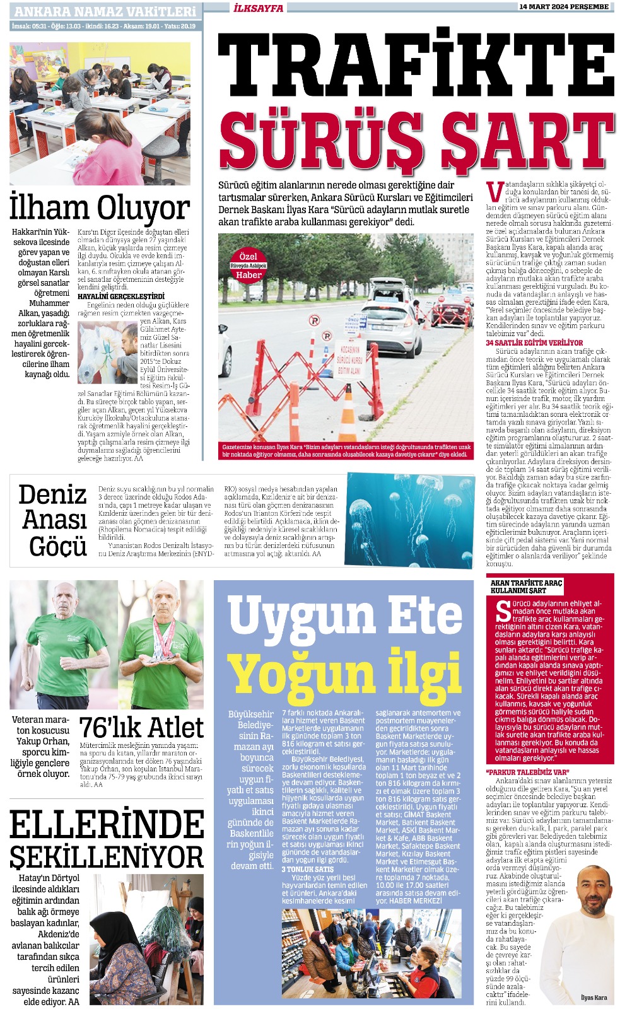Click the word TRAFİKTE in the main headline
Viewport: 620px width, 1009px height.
416,66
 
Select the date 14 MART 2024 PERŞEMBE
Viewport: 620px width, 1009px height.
563,7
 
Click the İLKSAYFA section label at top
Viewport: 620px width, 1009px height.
259,8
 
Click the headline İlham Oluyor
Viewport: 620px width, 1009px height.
100,208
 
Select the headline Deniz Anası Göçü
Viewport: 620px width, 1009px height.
52,520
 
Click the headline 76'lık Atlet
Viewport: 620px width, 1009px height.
141,728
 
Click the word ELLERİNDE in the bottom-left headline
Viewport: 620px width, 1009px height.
107,824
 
